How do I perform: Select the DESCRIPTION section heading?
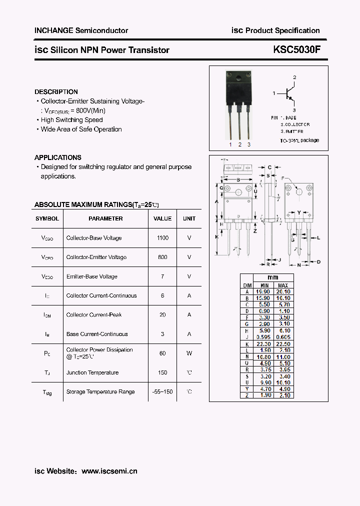point(56,92)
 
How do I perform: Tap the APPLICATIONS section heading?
point(57,157)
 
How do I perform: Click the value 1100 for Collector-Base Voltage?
point(162,238)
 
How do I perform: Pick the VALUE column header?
point(162,218)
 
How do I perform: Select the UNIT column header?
point(189,218)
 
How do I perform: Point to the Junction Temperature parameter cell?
point(92,372)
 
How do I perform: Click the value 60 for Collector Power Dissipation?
point(162,353)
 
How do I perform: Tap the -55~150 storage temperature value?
point(162,391)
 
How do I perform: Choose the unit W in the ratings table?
point(189,353)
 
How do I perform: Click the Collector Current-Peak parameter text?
point(94,315)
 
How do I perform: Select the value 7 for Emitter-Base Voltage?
point(162,276)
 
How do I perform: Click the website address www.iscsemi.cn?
point(109,471)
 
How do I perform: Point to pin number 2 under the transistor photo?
point(239,144)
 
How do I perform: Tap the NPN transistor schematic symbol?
point(289,93)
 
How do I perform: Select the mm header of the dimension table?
point(273,277)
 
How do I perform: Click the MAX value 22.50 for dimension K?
point(283,343)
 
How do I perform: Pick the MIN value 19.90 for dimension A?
point(263,291)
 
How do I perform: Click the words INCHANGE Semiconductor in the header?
point(81,30)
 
